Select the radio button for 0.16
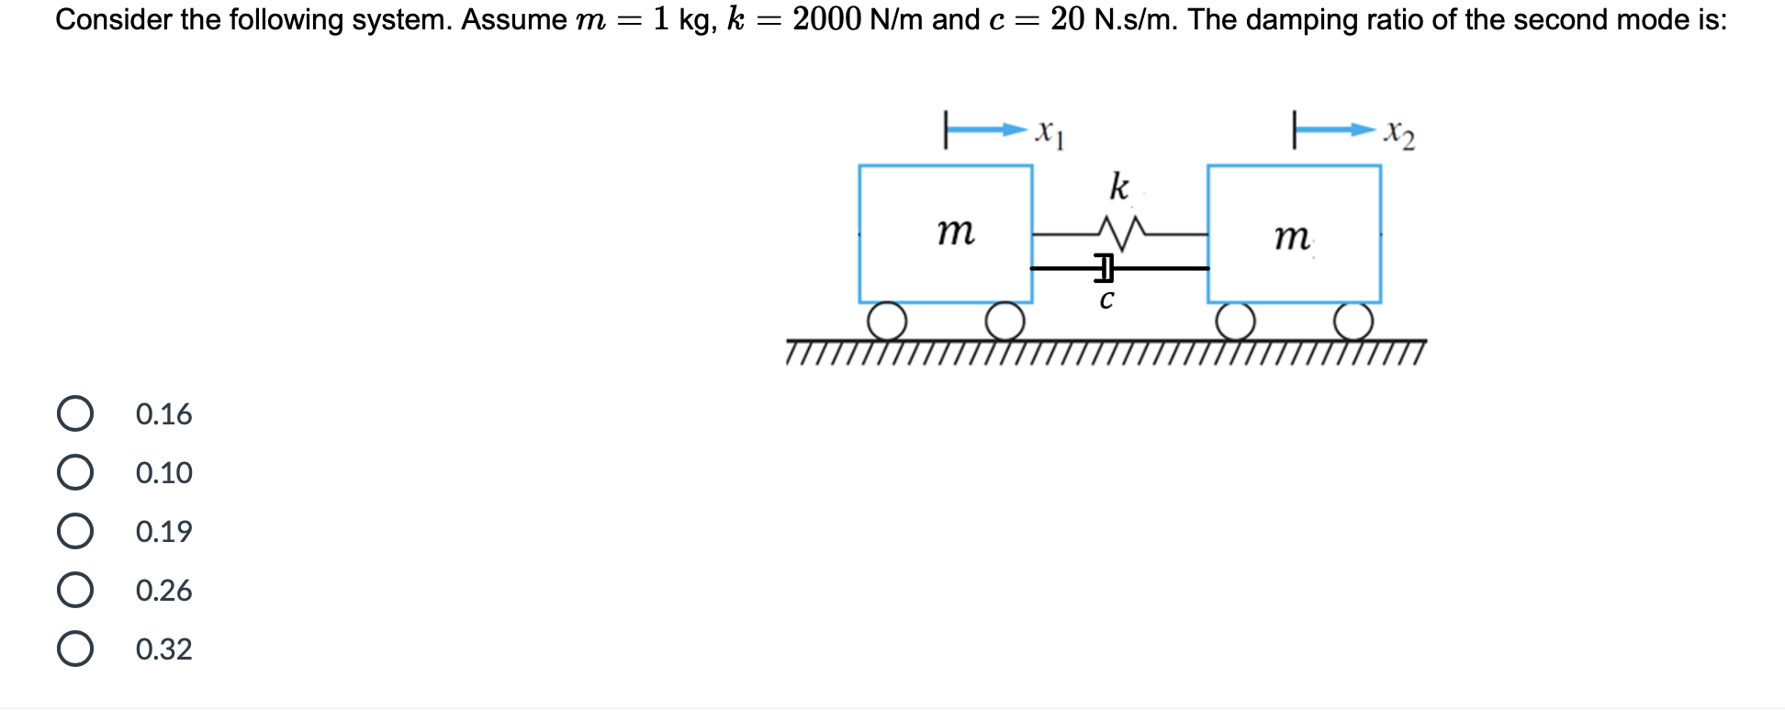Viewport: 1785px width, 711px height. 75,414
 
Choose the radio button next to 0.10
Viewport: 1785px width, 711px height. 75,473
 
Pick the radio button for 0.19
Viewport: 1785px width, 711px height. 75,532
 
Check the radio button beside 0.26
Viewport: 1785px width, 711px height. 75,590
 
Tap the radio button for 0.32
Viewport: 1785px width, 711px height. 75,649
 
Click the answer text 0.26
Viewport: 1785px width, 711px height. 163,591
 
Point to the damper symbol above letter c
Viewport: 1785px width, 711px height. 1106,268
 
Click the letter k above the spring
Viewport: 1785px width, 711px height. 1118,186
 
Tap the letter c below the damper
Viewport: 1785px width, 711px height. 1106,299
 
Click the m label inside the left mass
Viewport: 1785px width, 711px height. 956,231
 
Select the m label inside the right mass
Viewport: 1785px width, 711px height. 1292,238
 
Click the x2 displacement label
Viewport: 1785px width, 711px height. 1399,134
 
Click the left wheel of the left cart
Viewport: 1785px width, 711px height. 887,322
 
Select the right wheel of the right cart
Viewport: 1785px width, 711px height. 1353,322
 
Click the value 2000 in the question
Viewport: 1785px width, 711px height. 826,19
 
